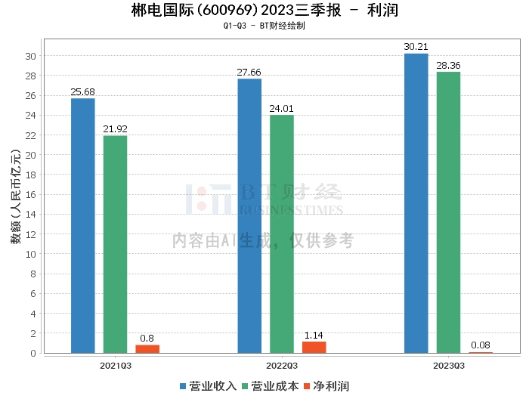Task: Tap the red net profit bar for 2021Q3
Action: coord(147,348)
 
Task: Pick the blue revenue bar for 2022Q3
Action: coord(249,215)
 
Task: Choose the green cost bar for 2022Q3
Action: coord(282,234)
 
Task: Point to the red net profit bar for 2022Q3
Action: coord(314,347)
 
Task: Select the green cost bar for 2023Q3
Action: coord(448,212)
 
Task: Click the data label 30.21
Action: coord(416,47)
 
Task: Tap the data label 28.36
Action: coord(448,66)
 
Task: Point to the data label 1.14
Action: coord(314,335)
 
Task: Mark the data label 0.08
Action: coord(481,345)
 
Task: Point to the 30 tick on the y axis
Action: coord(31,56)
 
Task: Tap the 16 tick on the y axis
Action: coord(31,195)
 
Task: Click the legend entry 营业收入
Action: coord(208,385)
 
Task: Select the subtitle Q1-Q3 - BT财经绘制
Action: coord(264,26)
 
